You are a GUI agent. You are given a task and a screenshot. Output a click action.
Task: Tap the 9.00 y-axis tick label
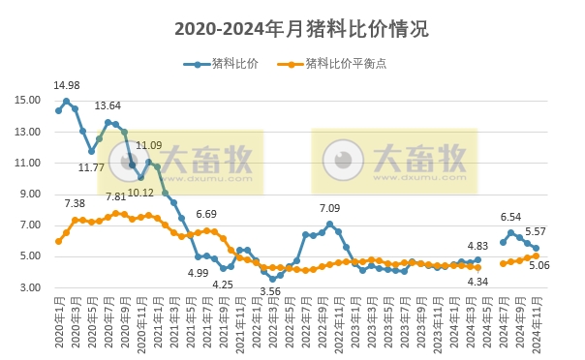click(x=29, y=195)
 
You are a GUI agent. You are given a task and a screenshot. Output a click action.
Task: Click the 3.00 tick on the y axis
click(x=29, y=288)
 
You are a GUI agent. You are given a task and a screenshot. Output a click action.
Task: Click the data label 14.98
click(x=67, y=86)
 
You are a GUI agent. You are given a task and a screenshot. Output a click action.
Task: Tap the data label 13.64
click(x=108, y=105)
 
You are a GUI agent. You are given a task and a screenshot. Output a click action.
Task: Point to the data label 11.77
click(x=91, y=167)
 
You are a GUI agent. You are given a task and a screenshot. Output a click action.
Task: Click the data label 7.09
click(x=330, y=208)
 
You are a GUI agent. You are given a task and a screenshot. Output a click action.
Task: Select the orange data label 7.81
click(x=115, y=197)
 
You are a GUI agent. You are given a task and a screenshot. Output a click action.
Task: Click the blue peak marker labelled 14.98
click(x=67, y=102)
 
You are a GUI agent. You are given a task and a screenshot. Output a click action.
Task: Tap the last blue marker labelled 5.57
click(x=536, y=248)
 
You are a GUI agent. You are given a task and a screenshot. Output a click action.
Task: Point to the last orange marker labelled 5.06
click(x=536, y=255)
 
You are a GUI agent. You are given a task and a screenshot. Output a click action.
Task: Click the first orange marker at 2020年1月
click(x=58, y=241)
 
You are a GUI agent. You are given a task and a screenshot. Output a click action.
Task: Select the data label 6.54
click(x=510, y=217)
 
